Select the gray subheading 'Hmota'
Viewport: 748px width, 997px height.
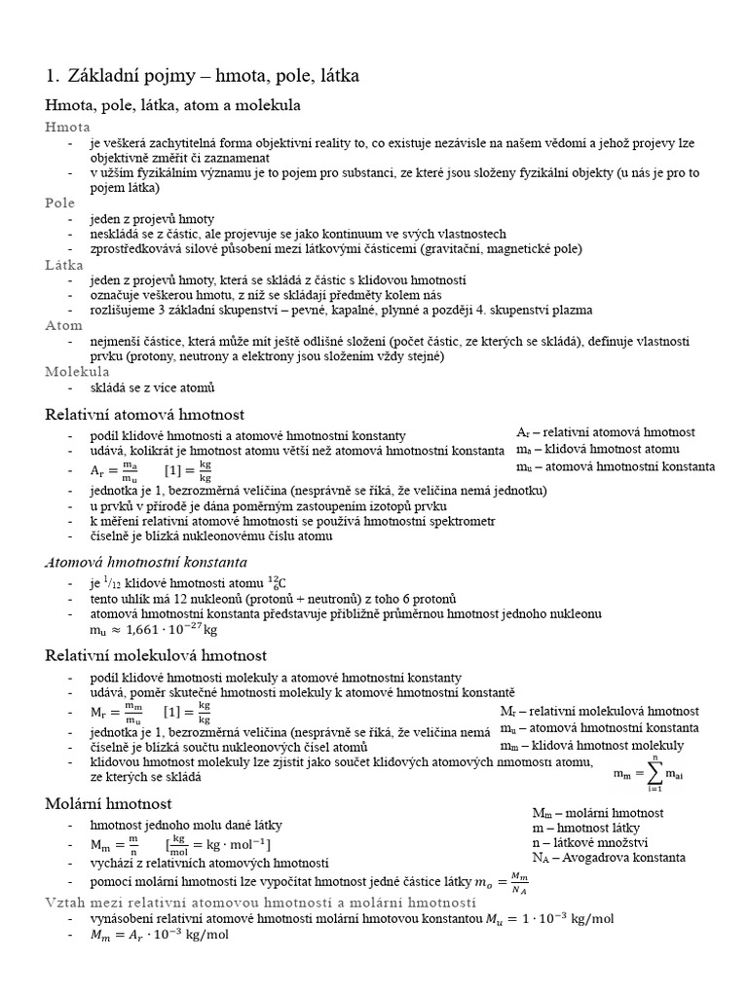coord(68,127)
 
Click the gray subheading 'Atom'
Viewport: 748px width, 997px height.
coord(64,325)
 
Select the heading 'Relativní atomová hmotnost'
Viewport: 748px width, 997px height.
coord(145,415)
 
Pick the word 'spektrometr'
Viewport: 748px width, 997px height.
coord(458,521)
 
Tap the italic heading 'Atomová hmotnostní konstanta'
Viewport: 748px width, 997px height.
coord(146,562)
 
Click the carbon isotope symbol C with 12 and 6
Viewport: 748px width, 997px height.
coord(282,582)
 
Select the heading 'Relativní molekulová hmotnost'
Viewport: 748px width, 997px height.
coord(157,655)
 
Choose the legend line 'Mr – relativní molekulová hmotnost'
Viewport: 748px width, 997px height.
coord(599,711)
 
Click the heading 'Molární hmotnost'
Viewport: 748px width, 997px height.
coord(109,803)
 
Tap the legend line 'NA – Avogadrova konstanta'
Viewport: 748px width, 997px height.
coord(609,857)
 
